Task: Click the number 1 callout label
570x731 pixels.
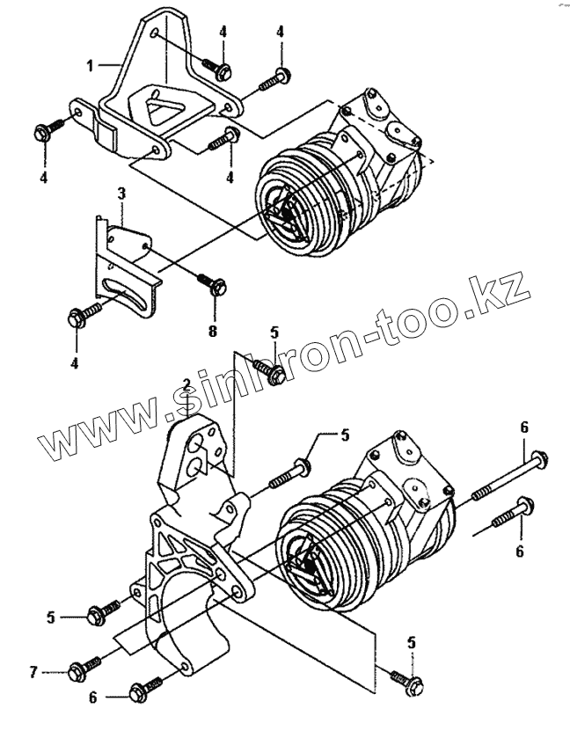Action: (91, 64)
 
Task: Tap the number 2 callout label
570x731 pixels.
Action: (186, 385)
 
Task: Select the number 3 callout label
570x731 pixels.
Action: (122, 192)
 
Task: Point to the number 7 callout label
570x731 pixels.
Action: (33, 673)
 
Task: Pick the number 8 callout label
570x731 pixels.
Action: (213, 330)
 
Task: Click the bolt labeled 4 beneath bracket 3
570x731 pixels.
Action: (77, 317)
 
